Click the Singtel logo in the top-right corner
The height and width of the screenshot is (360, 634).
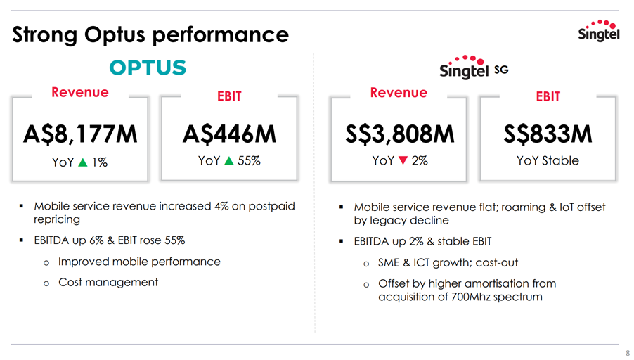599,30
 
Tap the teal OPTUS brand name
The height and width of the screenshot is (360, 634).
148,67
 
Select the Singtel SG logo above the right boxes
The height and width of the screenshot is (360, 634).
474,67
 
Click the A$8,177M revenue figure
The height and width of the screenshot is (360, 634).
80,134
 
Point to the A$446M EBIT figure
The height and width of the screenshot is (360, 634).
229,134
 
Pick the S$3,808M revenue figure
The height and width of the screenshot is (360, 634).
399,134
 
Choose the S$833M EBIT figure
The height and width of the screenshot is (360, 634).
548,134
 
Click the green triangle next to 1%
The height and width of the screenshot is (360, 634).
83,162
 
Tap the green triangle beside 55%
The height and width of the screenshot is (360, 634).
229,161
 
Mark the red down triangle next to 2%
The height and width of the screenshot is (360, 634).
403,160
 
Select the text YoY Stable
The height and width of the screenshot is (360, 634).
548,160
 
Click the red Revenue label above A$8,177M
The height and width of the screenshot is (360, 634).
80,92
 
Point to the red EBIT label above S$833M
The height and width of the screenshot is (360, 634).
548,96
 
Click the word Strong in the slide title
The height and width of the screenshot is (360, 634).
44,35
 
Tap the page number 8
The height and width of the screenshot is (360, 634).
628,353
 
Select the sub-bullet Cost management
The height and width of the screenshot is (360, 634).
108,282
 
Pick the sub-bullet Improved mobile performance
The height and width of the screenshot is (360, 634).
139,262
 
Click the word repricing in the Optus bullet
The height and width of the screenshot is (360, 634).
57,219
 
